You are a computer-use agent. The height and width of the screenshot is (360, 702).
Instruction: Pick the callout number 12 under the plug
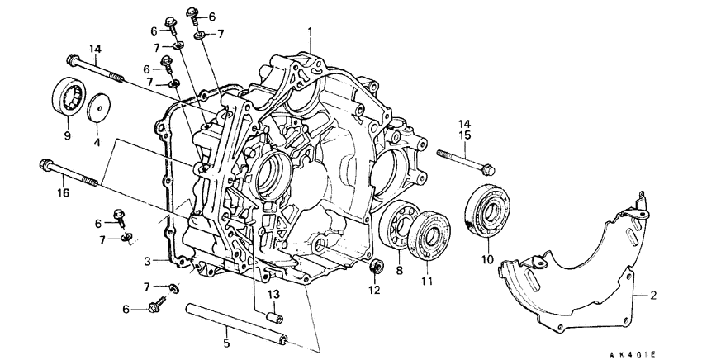click(374, 290)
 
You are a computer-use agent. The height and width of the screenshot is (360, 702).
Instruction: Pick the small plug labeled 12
click(376, 265)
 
